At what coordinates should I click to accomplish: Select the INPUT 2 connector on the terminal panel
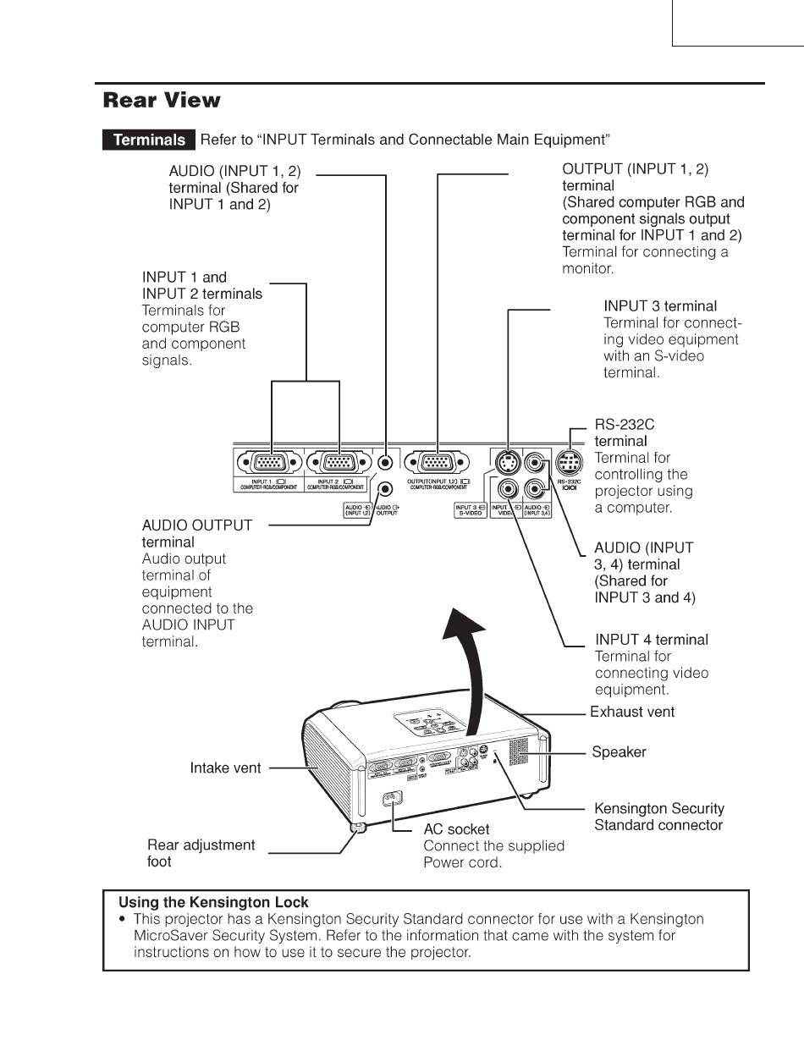coord(339,463)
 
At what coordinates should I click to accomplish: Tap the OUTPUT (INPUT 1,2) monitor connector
coord(437,463)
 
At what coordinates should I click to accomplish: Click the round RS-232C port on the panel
coord(569,463)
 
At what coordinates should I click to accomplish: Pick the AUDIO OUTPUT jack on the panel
coord(385,489)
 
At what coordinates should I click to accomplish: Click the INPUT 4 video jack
coord(508,488)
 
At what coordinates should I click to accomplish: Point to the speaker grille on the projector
coord(518,751)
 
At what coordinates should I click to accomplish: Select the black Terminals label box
coord(149,140)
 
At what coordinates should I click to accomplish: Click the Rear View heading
coord(162,101)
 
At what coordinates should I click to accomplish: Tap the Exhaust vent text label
coord(632,712)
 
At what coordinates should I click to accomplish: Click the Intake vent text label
coord(225,768)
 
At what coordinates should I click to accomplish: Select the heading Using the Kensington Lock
coord(213,902)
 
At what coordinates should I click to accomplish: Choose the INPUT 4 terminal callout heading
coord(652,640)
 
